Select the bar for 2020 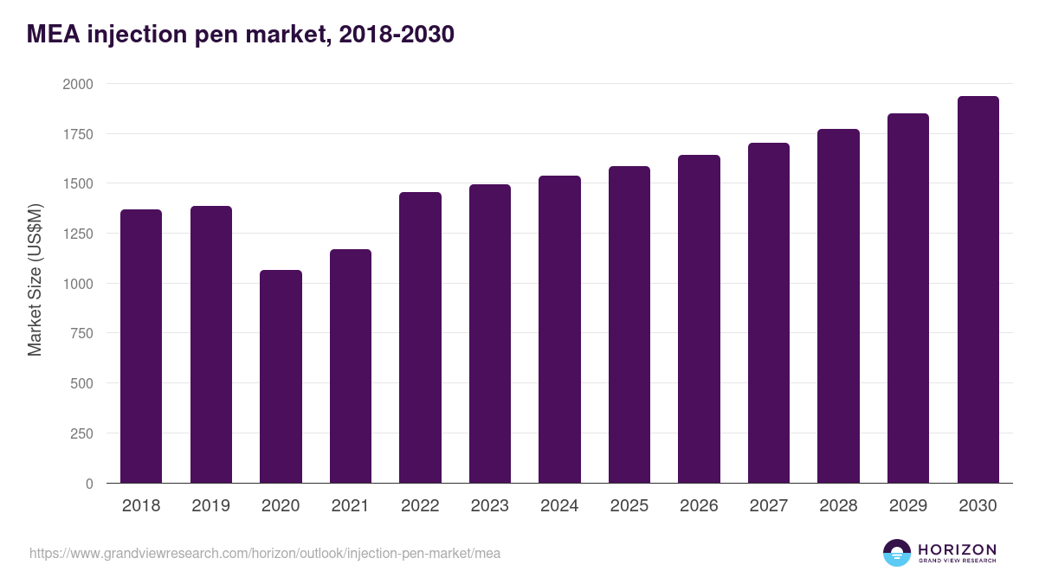coord(281,376)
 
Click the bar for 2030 coord(978,290)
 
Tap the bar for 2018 coord(141,346)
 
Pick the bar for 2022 coord(420,337)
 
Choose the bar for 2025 coord(629,324)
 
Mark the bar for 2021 coord(351,366)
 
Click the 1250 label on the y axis coord(77,234)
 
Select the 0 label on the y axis coord(89,484)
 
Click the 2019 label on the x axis coord(210,506)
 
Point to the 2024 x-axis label coord(559,506)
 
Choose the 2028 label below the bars coord(838,506)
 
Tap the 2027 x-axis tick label coord(769,506)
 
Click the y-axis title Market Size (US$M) coord(35,279)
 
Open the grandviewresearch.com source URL coord(265,553)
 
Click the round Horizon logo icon coord(897,553)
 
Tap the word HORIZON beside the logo coord(957,549)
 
